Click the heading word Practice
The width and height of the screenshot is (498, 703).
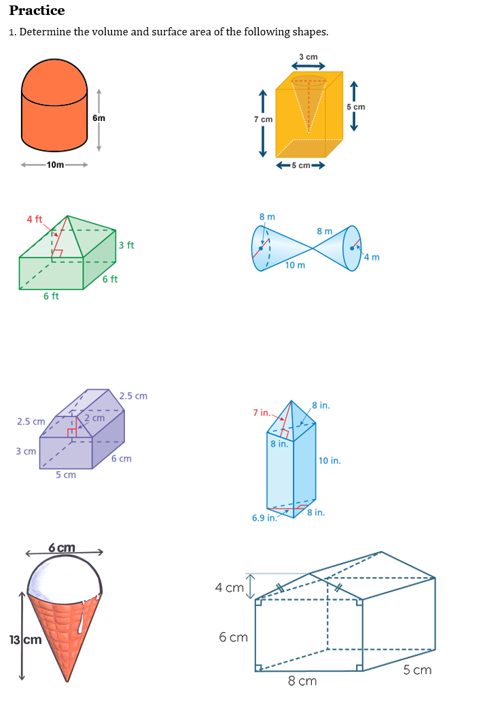(37, 11)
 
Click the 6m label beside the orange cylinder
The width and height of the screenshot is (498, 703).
(99, 118)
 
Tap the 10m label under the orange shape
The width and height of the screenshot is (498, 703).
(55, 165)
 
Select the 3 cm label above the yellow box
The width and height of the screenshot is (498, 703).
(308, 56)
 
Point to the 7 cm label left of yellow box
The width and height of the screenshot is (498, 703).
(263, 119)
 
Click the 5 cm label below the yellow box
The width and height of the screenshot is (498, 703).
(300, 165)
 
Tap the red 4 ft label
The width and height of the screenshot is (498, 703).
(34, 219)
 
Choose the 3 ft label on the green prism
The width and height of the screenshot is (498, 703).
(126, 245)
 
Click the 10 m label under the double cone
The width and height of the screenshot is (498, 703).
(295, 265)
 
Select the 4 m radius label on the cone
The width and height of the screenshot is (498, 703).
(371, 257)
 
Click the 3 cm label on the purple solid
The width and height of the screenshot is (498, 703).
(26, 451)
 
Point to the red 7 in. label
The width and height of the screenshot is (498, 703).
(262, 413)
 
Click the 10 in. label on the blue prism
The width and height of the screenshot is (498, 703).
(330, 460)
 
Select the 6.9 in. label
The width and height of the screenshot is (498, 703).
(264, 517)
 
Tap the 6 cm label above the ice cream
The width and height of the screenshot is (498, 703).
(62, 548)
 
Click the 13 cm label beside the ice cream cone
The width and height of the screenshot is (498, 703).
(26, 640)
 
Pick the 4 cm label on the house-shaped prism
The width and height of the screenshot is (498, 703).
(229, 587)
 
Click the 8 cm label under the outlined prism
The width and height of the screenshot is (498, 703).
(302, 681)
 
